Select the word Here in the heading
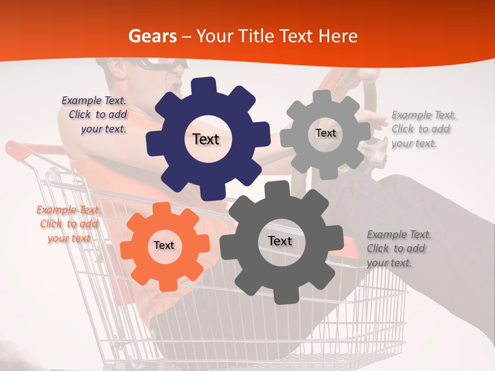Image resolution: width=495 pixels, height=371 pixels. coord(338,36)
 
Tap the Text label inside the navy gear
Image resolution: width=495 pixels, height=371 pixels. coord(206,139)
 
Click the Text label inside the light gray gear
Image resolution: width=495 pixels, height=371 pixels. coord(325,133)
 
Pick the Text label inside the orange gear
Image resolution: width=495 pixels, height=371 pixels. coord(164,246)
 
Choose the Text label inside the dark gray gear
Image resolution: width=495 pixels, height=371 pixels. coord(280,241)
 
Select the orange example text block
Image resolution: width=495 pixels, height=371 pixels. coord(68,224)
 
